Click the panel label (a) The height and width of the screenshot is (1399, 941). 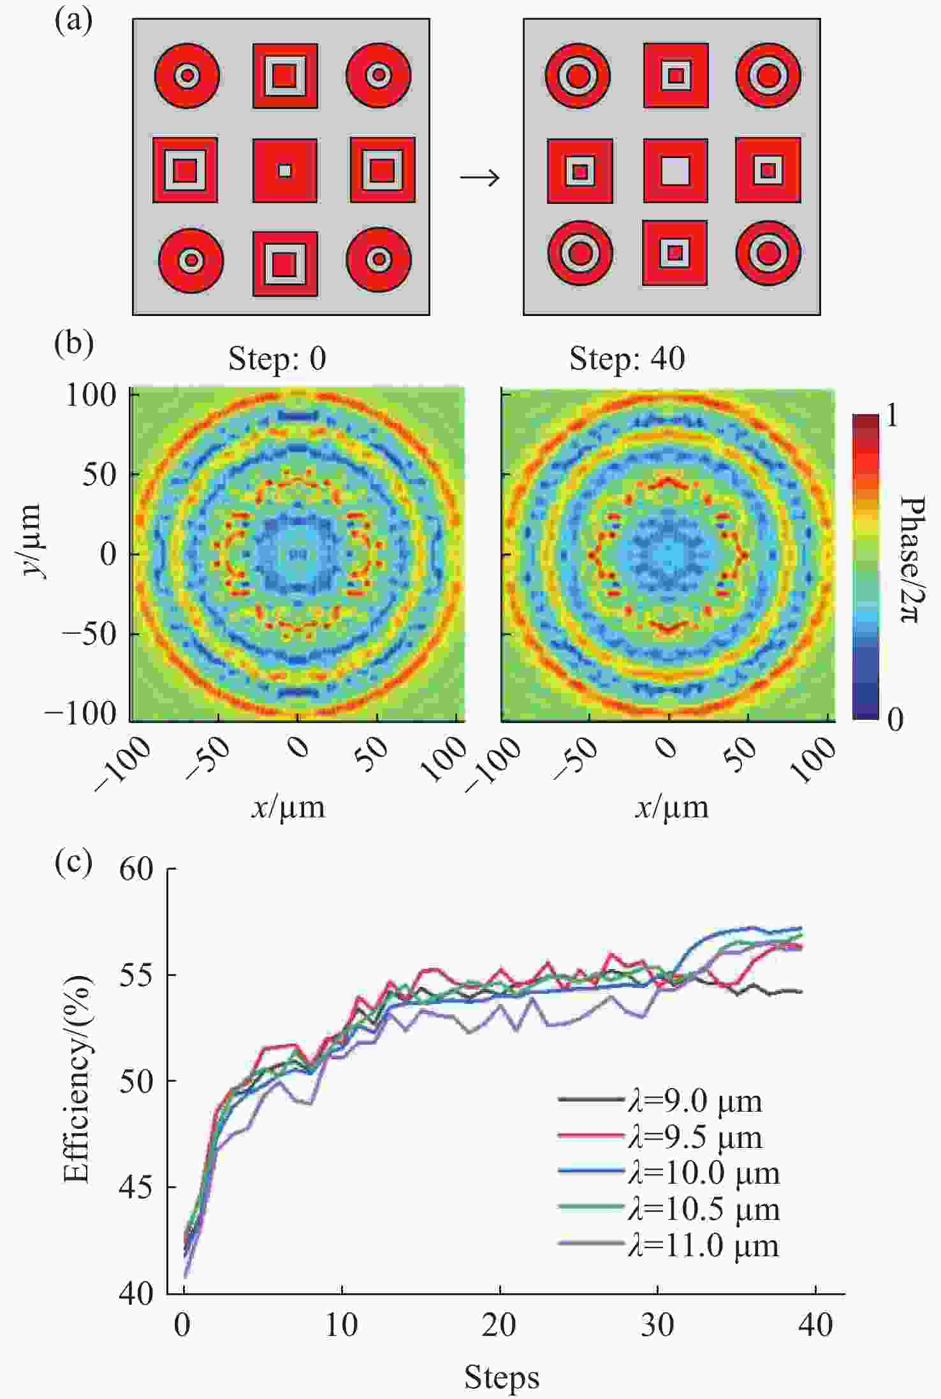[74, 23]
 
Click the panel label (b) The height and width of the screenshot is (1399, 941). [74, 344]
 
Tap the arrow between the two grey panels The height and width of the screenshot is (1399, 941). [480, 178]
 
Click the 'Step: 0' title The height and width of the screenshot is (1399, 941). [277, 359]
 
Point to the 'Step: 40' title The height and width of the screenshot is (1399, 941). [627, 359]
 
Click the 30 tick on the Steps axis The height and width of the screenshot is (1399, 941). [657, 1326]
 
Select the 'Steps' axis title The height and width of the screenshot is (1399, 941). [502, 1377]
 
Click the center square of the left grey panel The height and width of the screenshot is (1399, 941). [285, 171]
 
